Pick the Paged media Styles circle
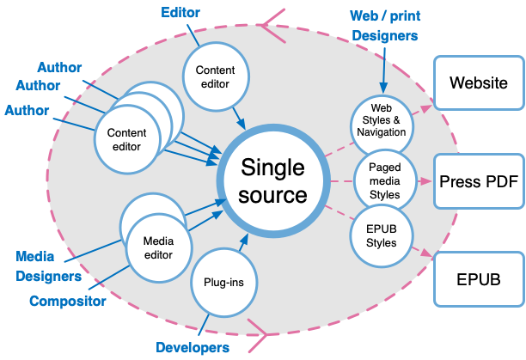click(x=384, y=180)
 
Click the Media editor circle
click(x=156, y=248)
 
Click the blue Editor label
click(x=181, y=12)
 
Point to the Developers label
click(x=193, y=347)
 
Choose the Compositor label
click(x=68, y=301)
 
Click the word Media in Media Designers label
click(x=35, y=256)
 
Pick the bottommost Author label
click(x=27, y=110)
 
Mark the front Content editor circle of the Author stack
click(x=126, y=139)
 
